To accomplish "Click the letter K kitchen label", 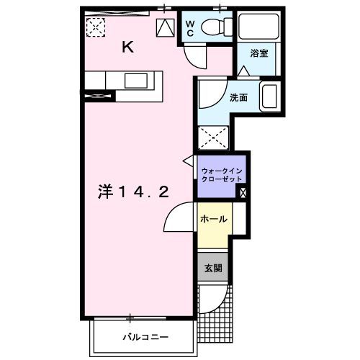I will click(127, 48).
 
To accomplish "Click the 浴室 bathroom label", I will click(258, 53).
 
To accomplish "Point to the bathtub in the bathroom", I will click(257, 27).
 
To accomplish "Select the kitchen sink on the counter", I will click(135, 80).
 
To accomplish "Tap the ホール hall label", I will click(214, 219).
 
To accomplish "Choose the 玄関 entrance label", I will click(213, 269).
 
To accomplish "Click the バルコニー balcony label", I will click(145, 336).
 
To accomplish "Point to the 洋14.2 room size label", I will click(134, 192).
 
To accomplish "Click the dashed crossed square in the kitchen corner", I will click(96, 27).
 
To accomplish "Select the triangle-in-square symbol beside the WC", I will click(165, 27).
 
